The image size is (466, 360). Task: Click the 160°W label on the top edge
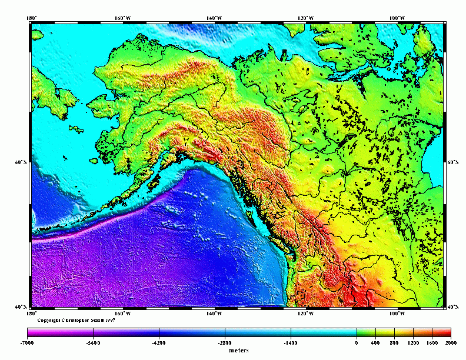(122, 18)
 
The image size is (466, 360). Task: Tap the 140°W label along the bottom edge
(214, 313)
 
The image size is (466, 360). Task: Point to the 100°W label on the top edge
(398, 18)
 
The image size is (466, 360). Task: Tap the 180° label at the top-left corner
(32, 18)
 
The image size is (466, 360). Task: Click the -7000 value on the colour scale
(26, 342)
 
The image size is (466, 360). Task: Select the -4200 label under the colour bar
(158, 342)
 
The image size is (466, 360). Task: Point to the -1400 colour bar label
(290, 342)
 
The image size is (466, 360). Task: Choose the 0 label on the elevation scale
(357, 342)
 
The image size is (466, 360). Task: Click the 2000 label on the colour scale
(451, 342)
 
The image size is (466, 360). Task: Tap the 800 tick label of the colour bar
(394, 342)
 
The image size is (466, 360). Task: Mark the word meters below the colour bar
(239, 350)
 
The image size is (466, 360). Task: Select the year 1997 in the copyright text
(110, 321)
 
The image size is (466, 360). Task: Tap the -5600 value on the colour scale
(92, 342)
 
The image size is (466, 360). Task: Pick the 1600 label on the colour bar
(432, 342)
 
